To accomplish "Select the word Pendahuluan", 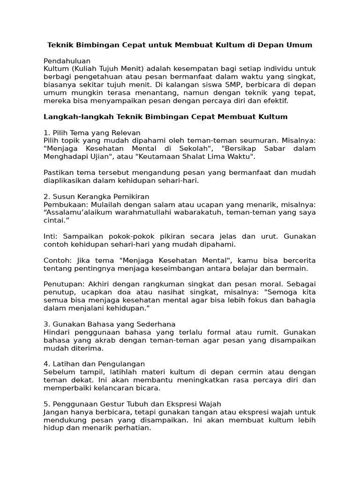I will pyautogui.click(x=67, y=61).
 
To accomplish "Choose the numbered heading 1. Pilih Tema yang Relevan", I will pyautogui.click(x=92, y=133).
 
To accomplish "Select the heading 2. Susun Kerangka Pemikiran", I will pyautogui.click(x=96, y=196).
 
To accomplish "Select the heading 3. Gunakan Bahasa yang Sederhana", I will pyautogui.click(x=110, y=324).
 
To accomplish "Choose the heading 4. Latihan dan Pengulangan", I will pyautogui.click(x=94, y=364).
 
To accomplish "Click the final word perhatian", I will pyautogui.click(x=134, y=427).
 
